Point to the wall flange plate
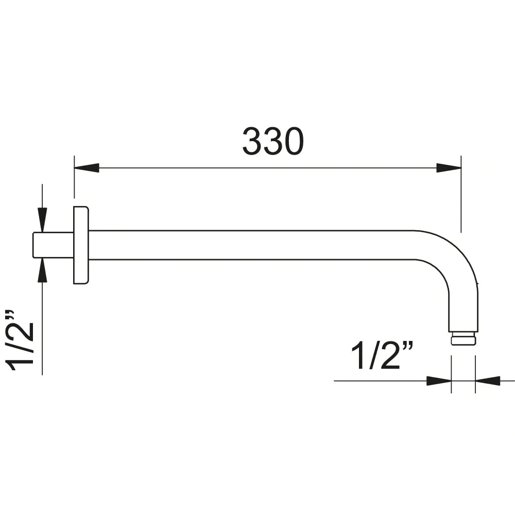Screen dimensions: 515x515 [81, 245]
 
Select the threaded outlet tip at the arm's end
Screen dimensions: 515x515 [463, 339]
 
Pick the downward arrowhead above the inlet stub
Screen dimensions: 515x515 [42, 219]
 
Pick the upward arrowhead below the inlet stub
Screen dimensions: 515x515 [42, 271]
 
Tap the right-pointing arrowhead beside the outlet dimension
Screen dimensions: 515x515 [439, 381]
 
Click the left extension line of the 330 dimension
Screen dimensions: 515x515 [74, 180]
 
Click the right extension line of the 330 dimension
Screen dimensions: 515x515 [461, 196]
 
